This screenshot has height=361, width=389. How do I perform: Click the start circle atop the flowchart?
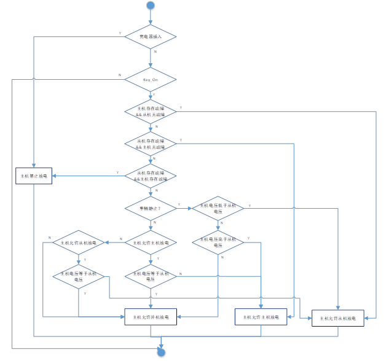click(x=151, y=6)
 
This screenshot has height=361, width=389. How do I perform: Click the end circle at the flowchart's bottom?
click(x=161, y=352)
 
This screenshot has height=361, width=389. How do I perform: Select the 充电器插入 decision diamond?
click(x=151, y=37)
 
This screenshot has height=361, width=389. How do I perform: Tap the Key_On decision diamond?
click(x=151, y=80)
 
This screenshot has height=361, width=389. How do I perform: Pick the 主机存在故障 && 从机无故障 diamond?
click(x=151, y=112)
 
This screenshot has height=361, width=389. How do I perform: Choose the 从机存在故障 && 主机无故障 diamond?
click(x=151, y=145)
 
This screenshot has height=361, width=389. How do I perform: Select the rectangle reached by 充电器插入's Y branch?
click(x=34, y=176)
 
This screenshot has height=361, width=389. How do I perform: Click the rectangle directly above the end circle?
click(x=151, y=317)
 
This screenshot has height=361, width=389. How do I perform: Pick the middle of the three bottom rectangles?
click(x=261, y=317)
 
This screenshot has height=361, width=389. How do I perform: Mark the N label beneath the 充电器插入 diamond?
click(x=155, y=52)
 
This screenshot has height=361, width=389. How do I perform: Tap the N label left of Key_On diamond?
click(x=120, y=76)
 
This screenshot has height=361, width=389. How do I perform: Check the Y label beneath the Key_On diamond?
click(x=155, y=95)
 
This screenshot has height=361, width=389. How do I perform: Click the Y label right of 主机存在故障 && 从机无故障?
click(x=179, y=108)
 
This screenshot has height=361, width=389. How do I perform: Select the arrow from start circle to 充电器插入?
click(x=151, y=18)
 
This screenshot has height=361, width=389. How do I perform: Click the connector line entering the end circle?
click(x=161, y=342)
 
